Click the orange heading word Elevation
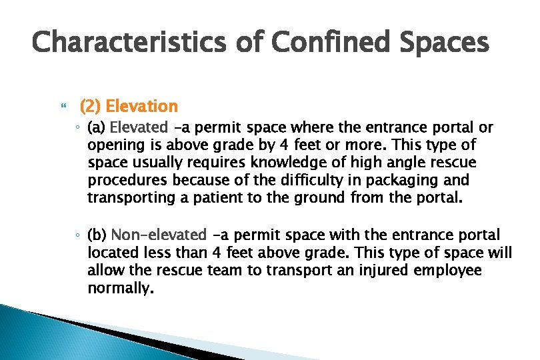click(142, 106)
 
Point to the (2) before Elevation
click(91, 106)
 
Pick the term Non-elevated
click(159, 235)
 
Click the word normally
click(120, 289)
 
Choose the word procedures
click(127, 181)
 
